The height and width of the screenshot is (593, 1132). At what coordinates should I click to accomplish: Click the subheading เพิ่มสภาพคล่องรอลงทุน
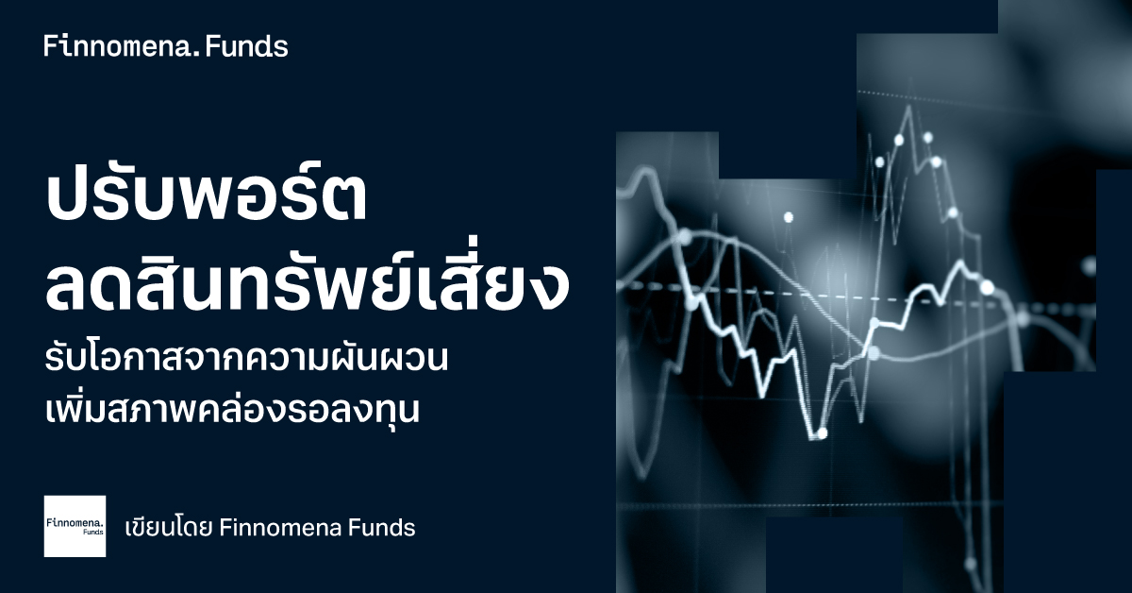click(x=232, y=409)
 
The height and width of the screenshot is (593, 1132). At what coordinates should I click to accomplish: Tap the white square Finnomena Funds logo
click(x=75, y=526)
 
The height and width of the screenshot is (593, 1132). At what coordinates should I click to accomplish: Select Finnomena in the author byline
click(x=280, y=528)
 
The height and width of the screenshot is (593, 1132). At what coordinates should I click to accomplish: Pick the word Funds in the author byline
click(x=382, y=528)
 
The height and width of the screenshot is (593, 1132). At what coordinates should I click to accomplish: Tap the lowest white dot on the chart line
click(x=822, y=433)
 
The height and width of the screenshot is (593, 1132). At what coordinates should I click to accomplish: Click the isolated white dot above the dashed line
click(x=789, y=217)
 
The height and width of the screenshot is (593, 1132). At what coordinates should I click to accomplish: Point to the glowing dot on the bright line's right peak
click(x=987, y=288)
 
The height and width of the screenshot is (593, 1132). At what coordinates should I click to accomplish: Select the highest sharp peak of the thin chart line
click(x=910, y=106)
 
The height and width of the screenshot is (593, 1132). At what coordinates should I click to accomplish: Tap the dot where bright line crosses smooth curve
click(x=874, y=353)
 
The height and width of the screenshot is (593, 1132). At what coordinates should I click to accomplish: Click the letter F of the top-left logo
click(x=49, y=46)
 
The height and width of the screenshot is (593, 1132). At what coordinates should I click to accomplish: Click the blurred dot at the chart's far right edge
click(x=1089, y=265)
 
